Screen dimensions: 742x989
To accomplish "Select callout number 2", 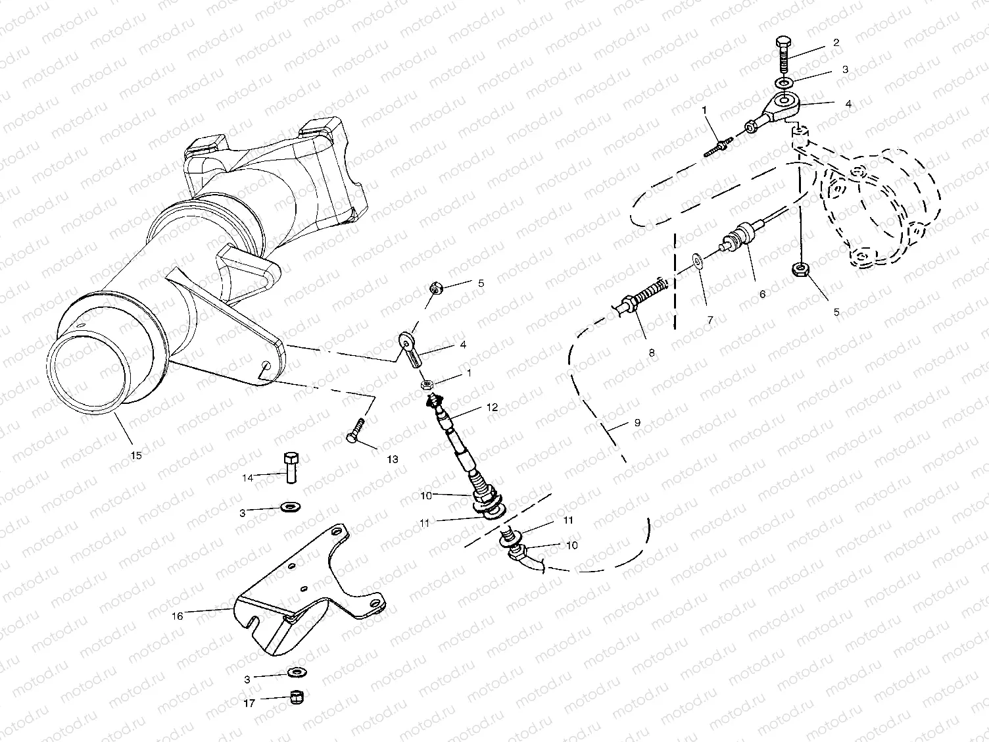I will [836, 43].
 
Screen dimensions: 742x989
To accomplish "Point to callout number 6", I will [762, 294].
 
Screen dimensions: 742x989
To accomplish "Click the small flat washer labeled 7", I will [697, 264].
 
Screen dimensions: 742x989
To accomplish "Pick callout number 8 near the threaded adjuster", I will [652, 353].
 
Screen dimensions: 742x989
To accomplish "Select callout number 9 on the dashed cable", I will [637, 423].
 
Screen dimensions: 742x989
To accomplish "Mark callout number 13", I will [392, 460].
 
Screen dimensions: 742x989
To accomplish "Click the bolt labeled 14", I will [290, 466].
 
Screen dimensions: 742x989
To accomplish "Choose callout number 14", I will [248, 478].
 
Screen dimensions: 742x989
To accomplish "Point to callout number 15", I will [137, 455].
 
